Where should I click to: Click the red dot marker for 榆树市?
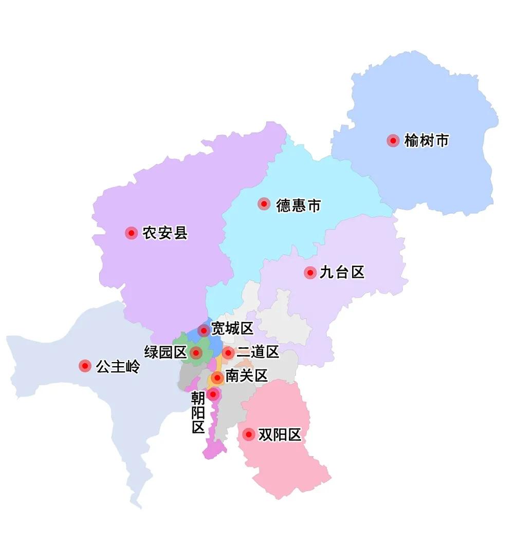[393, 141]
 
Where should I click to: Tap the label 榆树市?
[427, 141]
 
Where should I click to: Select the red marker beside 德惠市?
[264, 204]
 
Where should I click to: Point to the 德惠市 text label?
[299, 205]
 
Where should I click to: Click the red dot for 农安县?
[132, 233]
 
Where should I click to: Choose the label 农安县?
[165, 233]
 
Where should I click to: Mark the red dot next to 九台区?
[310, 273]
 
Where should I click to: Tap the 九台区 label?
[342, 273]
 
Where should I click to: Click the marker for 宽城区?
[204, 330]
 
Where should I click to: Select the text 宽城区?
[232, 329]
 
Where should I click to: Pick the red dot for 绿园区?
[195, 353]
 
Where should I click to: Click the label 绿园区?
[166, 352]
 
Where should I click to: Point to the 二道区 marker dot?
[228, 353]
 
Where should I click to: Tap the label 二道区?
[258, 352]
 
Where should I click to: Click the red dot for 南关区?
[217, 378]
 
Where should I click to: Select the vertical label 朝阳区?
[198, 413]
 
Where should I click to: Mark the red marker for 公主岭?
[85, 366]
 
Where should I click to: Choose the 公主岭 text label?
[118, 367]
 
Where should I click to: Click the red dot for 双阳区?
[249, 435]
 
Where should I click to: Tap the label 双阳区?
[280, 435]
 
